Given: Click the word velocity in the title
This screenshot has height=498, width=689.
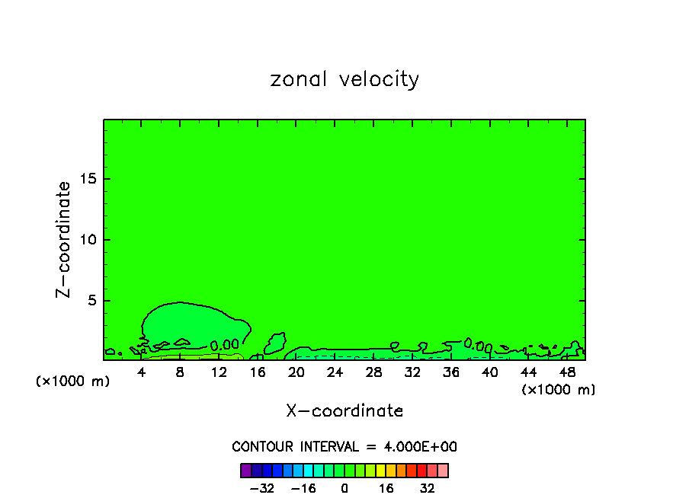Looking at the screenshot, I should click(x=378, y=80).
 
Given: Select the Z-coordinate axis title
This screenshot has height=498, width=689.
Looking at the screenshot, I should click(x=64, y=239).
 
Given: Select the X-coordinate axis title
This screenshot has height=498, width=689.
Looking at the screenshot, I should click(x=344, y=411).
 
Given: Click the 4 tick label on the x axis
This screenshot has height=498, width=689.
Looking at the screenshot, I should click(x=142, y=372).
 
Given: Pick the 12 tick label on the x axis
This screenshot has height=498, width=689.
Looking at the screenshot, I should click(x=219, y=372).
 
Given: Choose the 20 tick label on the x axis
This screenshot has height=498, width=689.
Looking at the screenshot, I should click(x=296, y=372).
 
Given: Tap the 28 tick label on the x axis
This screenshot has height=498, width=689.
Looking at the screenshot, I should click(x=373, y=372).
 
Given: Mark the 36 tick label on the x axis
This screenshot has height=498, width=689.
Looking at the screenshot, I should click(x=450, y=372).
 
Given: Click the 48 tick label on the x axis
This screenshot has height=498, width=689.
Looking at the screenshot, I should click(x=566, y=372).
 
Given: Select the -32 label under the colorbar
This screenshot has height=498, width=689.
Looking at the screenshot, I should click(x=262, y=488).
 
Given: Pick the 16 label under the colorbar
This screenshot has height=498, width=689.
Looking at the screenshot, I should click(x=386, y=488).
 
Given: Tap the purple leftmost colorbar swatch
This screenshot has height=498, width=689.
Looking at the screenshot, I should click(x=246, y=471).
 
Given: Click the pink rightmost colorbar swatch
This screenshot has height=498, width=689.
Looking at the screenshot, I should click(x=443, y=471).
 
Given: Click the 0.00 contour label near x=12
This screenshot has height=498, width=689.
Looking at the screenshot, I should click(x=225, y=345).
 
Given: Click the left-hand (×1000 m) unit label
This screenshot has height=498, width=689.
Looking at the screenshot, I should click(x=73, y=381).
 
